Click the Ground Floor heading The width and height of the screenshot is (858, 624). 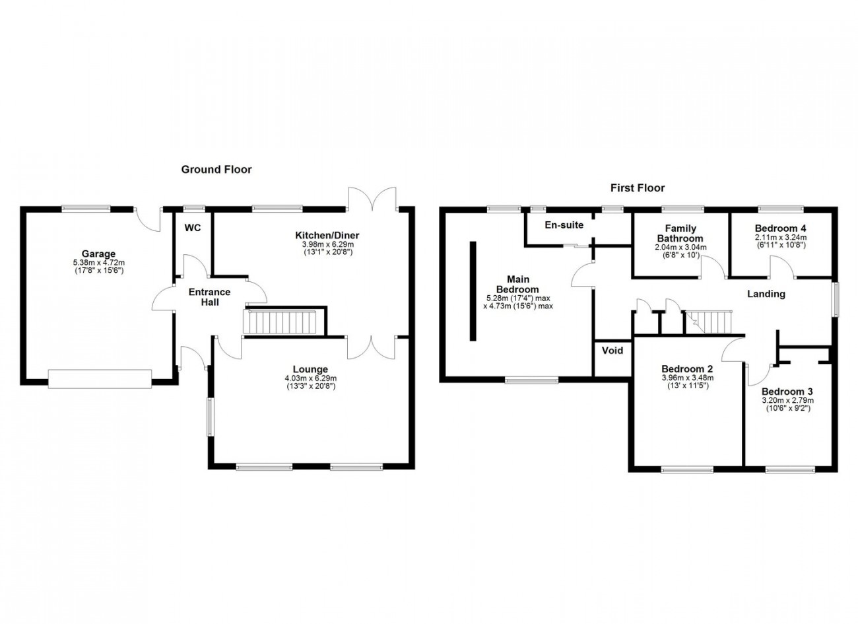[x=216, y=170]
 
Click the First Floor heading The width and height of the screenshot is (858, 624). [x=638, y=188]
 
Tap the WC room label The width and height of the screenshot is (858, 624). [x=192, y=228]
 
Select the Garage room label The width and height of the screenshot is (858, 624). [x=98, y=254]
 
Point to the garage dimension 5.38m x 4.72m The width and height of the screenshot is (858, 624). [x=99, y=263]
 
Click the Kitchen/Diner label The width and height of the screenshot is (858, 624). [x=327, y=235]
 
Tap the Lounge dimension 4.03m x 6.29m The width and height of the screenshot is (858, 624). [x=311, y=378]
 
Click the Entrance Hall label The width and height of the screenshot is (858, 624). [x=209, y=297]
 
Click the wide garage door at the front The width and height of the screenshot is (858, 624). [x=100, y=379]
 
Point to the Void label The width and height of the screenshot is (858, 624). [x=612, y=351]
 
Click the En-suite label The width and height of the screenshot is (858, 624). [x=564, y=225]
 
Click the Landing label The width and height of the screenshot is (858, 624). [x=766, y=294]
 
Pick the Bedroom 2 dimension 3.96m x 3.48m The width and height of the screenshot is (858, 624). [x=688, y=378]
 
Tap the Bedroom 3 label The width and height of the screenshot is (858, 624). [x=787, y=392]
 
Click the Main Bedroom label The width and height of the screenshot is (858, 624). [x=517, y=284]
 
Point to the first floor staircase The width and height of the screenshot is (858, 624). [x=708, y=322]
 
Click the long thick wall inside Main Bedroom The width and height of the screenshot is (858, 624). [x=473, y=291]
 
